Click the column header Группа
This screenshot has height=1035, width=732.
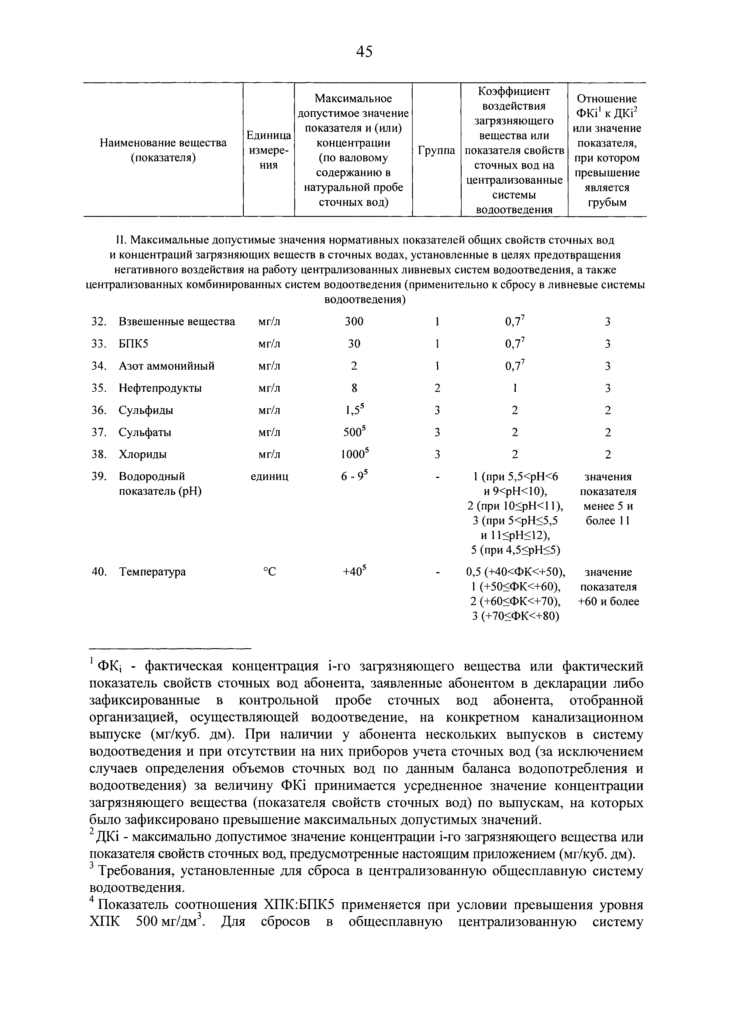pos(436,150)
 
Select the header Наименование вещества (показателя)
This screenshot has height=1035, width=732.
pos(163,150)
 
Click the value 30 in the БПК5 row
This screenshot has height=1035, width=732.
pos(354,344)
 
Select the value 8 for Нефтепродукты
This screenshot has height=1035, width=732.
pos(354,388)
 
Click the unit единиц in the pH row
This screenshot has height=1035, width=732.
pos(269,476)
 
